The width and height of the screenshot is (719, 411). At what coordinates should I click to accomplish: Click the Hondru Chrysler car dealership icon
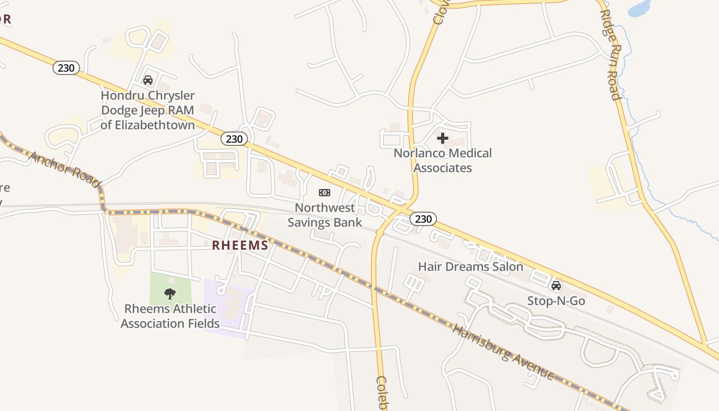click(x=148, y=80)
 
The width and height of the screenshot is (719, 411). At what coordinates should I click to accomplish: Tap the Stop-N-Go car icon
click(x=556, y=286)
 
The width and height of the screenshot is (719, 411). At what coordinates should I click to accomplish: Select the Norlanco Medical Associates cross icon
click(x=443, y=138)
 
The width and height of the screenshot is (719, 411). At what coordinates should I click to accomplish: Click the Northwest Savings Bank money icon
click(x=325, y=193)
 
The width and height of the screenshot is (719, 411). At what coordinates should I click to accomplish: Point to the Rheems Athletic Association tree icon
click(x=170, y=294)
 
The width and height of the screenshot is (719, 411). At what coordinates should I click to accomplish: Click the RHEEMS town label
click(x=240, y=246)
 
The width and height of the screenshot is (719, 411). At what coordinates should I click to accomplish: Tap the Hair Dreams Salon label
click(x=470, y=267)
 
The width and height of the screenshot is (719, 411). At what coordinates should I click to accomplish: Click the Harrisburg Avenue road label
click(x=503, y=352)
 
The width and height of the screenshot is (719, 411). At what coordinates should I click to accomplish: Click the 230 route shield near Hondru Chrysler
click(x=66, y=68)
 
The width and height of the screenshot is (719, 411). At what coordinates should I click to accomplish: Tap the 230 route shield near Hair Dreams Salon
click(x=423, y=219)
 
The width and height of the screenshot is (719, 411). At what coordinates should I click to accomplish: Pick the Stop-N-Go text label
click(x=556, y=301)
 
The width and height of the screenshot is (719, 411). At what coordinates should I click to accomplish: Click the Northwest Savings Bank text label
click(x=325, y=215)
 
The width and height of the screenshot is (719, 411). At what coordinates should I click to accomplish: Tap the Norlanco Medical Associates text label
click(x=443, y=160)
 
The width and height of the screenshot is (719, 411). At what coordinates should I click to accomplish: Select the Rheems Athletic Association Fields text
click(x=170, y=316)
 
